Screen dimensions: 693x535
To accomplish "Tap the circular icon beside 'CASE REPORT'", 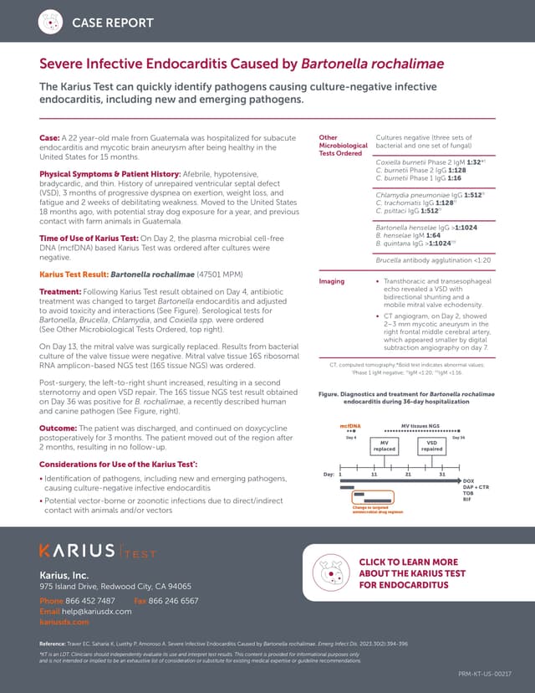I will pos(53,22).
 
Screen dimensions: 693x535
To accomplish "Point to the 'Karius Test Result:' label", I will pos(74,274).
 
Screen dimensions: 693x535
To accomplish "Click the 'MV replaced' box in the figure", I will pos(384,446).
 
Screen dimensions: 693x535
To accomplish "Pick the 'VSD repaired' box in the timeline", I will pos(431,446).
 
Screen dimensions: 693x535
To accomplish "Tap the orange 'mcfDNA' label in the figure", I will pos(349,427).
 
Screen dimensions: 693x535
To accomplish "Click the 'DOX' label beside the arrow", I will pos(469,480).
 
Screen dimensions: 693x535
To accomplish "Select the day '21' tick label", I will pos(408,474).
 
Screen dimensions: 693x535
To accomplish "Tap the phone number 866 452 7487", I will pos(90,601).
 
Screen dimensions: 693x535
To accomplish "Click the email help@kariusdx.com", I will pos(99,612).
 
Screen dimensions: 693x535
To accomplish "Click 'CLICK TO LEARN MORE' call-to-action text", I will pos(408,562).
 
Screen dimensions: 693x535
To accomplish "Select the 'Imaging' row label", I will pos(332,282).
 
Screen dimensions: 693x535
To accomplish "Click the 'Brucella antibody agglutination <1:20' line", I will pos(433,260).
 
